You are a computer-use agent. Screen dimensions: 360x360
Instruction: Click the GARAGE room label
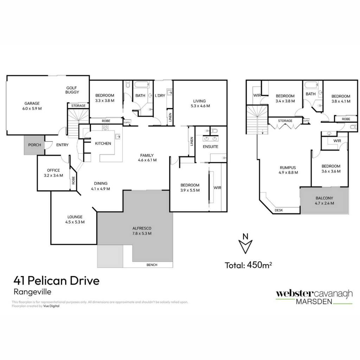pyautogui.click(x=32, y=106)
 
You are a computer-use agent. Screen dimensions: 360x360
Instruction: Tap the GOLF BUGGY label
pyautogui.click(x=72, y=90)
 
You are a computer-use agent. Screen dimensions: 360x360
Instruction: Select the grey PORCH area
pyautogui.click(x=34, y=145)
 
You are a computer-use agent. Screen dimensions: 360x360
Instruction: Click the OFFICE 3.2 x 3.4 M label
pyautogui.click(x=53, y=173)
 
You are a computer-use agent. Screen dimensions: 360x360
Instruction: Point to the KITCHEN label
pyautogui.click(x=103, y=143)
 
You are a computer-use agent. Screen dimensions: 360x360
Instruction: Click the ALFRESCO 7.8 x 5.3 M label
pyautogui.click(x=142, y=231)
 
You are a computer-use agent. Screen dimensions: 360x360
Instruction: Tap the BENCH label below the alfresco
pyautogui.click(x=152, y=265)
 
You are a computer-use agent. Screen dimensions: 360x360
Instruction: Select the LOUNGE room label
pyautogui.click(x=75, y=219)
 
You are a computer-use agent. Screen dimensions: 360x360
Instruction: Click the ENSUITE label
pyautogui.click(x=210, y=147)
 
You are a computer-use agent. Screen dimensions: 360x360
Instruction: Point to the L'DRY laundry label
pyautogui.click(x=160, y=95)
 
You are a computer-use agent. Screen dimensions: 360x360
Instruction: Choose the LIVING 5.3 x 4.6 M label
pyautogui.click(x=200, y=103)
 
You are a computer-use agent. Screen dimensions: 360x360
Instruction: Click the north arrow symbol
pyautogui.click(x=245, y=244)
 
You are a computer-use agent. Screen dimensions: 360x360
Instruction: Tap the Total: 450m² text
pyautogui.click(x=249, y=265)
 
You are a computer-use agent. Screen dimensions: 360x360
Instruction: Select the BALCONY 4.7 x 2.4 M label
pyautogui.click(x=324, y=200)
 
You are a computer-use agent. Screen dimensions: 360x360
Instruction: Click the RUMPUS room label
pyautogui.click(x=288, y=170)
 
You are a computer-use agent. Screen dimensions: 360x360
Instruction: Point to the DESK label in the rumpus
pyautogui.click(x=279, y=210)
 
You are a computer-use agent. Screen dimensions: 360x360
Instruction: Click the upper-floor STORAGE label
pyautogui.click(x=285, y=121)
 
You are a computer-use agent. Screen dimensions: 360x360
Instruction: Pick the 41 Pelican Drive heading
pyautogui.click(x=57, y=281)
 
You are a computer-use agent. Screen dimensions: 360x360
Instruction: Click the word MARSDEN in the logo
pyautogui.click(x=314, y=301)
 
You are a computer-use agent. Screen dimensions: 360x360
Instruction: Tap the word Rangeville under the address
pyautogui.click(x=32, y=292)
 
